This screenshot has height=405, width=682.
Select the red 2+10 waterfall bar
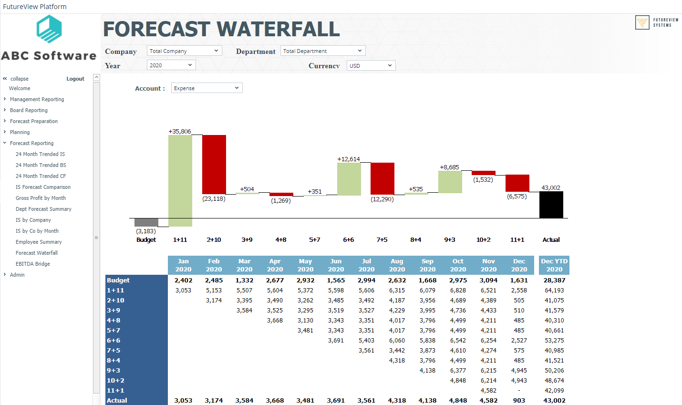pos(214,164)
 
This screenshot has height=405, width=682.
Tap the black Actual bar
pos(551,205)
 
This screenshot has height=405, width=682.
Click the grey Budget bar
pos(146,222)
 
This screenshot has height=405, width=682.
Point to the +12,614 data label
pos(348,159)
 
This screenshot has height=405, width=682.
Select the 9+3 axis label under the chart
pos(449,240)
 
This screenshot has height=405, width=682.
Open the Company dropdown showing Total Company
pos(184,51)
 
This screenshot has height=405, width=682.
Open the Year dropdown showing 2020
pos(171,65)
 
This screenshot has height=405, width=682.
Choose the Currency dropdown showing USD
pos(371,66)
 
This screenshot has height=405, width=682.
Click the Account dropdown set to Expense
pos(207,88)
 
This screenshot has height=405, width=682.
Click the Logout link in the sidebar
pos(75,79)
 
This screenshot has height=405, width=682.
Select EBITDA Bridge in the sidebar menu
pos(32,264)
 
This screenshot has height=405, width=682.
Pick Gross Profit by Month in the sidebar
pos(41,198)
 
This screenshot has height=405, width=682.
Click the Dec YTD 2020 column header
pos(554,265)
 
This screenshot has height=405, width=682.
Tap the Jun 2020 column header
pos(336,265)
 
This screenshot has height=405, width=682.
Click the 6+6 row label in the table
pos(114,341)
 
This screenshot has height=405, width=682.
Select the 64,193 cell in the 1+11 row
pos(554,291)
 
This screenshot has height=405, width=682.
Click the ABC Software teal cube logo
pos(49,29)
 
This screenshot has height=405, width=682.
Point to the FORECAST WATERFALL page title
pos(221,29)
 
